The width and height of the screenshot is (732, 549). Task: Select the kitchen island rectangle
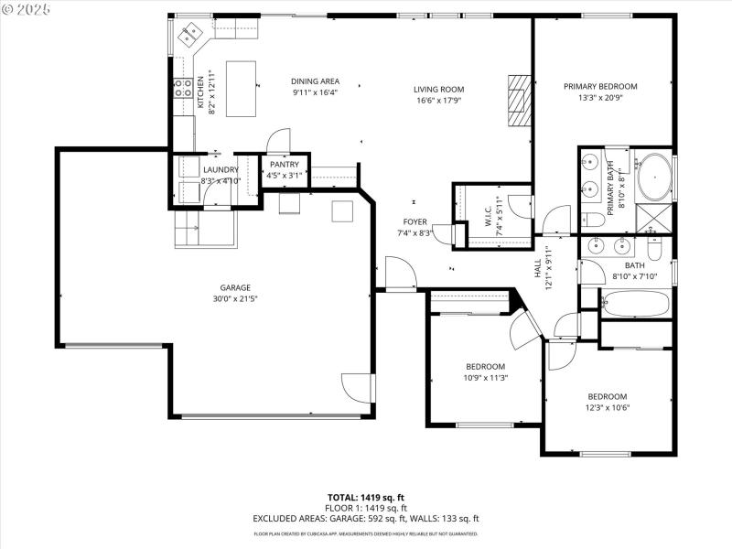tap(241, 89)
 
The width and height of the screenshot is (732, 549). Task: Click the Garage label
tap(234, 287)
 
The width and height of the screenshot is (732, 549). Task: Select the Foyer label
tap(414, 222)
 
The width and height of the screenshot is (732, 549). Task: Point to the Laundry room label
tap(221, 169)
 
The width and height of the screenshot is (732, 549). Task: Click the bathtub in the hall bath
tap(632, 305)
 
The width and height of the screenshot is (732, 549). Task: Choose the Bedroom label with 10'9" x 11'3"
tap(486, 366)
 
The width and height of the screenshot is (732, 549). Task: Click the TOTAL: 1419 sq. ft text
tap(366, 497)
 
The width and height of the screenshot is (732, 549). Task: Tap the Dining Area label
tap(315, 81)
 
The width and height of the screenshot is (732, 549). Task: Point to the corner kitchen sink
tap(191, 38)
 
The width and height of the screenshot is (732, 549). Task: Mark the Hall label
tap(538, 269)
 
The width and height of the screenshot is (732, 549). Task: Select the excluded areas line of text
tap(366, 518)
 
